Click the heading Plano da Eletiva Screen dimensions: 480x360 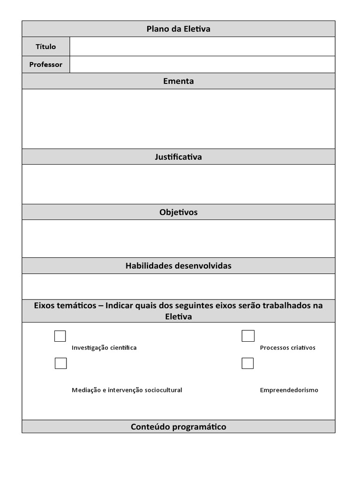pos(178,29)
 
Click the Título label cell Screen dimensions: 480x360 pos(45,46)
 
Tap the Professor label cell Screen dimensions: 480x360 pos(45,65)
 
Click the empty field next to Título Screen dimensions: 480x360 pos(202,46)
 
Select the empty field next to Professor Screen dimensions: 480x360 pos(202,65)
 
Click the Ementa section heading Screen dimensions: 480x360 pos(178,81)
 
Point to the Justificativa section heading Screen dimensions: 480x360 pos(178,157)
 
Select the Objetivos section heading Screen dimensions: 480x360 pos(178,212)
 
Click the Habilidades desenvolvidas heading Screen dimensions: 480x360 pos(178,266)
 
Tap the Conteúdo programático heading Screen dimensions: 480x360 pos(178,427)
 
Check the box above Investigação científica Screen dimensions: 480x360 pos(60,336)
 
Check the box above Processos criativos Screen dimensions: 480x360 pos(248,336)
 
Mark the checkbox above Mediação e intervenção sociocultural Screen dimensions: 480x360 pos(60,363)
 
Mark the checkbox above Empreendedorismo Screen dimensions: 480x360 pos(247,363)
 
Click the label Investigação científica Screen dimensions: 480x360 pos(104,348)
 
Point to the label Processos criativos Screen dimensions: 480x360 pos(287,348)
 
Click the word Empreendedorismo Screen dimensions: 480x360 pos(289,390)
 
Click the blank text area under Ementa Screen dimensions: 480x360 pos(178,119)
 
